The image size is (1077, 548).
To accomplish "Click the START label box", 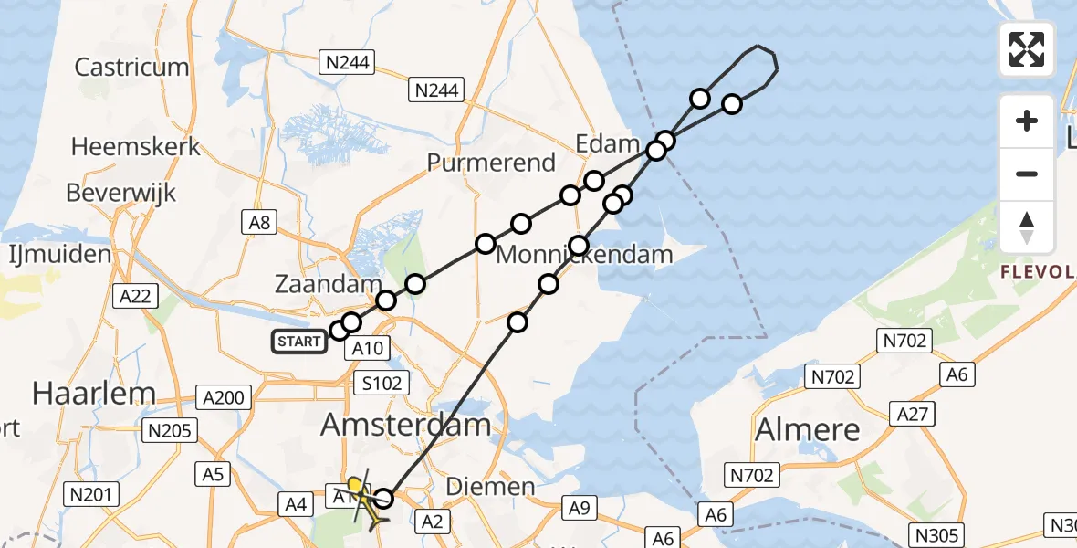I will coord(299,342).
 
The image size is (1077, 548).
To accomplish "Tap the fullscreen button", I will coord(1027,49).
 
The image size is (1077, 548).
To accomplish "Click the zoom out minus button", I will coord(1027,174).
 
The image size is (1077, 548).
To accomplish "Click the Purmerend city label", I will coord(492,163).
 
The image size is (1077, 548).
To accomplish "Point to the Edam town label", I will coord(607,143).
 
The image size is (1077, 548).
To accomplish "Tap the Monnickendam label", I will coord(584,255).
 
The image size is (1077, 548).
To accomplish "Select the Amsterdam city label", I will coord(406,424).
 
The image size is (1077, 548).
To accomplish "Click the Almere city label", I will coord(808,429).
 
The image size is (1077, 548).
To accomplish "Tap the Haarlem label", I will coord(94,394).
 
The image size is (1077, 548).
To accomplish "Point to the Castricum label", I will coord(131,67).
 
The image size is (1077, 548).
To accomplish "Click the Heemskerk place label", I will coord(135,146).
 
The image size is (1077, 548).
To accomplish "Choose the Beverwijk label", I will coord(121,194).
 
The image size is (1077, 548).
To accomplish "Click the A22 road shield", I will coord(134,296).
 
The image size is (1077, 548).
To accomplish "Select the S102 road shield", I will coord(382,383).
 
